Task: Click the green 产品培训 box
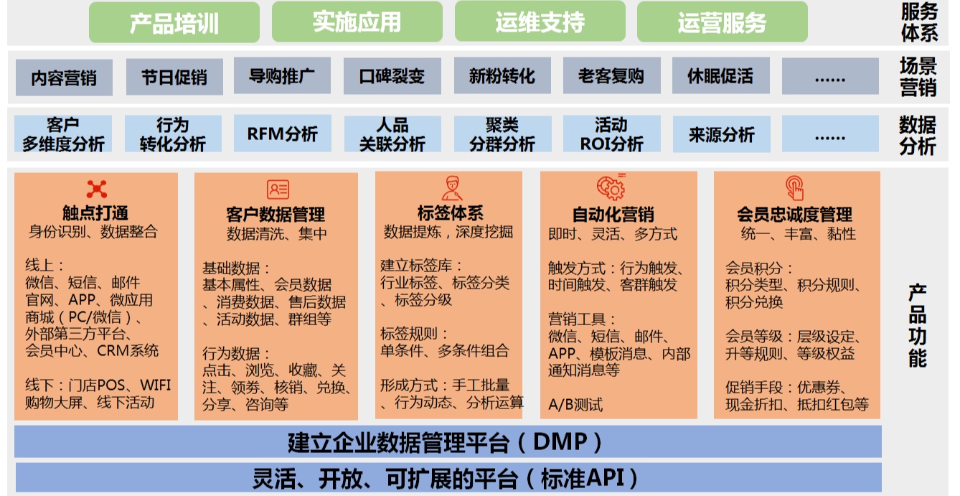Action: pos(174,22)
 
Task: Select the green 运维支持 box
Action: pos(540,22)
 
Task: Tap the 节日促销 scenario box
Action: pos(174,78)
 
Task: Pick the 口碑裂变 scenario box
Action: pos(392,76)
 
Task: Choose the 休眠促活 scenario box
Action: pos(721,76)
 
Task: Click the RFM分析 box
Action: pos(283,134)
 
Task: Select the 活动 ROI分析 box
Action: pos(611,134)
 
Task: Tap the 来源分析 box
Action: pos(722,134)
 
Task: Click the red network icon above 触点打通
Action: pos(96,189)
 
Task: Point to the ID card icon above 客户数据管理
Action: pos(278,189)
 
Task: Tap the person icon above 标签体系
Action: pos(452,188)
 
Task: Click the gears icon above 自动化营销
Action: pos(611,187)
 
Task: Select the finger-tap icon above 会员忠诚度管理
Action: pos(794,188)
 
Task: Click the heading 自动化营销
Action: pos(613,215)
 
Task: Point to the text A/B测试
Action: pos(575,404)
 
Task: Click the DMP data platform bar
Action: pos(448,441)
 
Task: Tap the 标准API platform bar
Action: pos(448,477)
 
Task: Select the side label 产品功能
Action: pos(917,326)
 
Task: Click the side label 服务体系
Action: pos(919,22)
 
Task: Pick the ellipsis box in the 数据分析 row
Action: pos(830,134)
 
